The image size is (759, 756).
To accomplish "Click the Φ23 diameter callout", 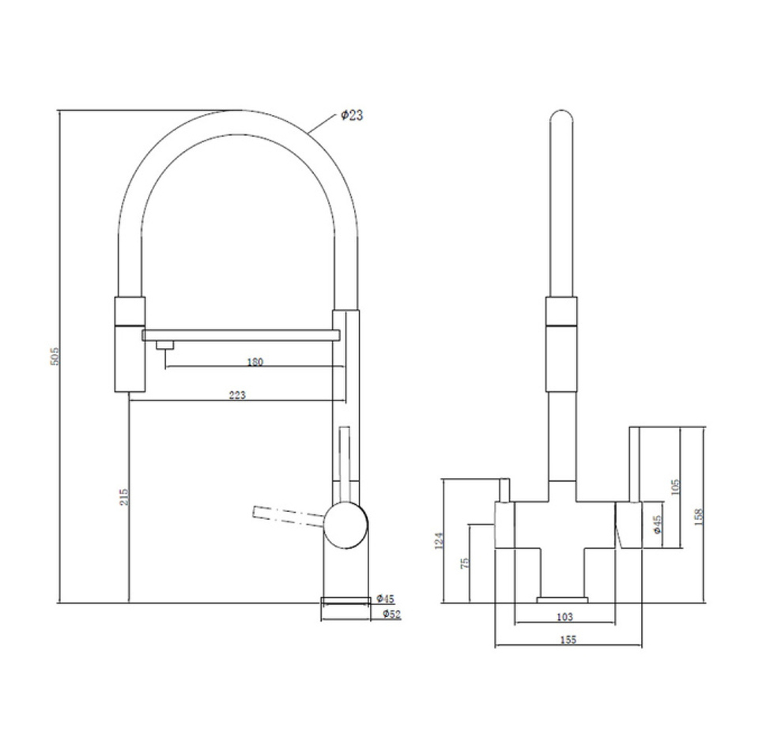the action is tap(352, 115).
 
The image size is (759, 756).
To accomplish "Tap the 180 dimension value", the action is tap(255, 362).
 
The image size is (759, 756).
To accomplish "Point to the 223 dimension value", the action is tap(237, 395).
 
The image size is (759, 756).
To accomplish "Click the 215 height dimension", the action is tap(124, 497).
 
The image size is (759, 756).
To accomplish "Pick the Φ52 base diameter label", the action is tap(391, 615).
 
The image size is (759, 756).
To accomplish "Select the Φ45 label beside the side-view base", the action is tap(385, 599).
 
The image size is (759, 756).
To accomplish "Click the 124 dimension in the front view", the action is tap(439, 541).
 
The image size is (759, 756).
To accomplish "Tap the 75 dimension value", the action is tap(465, 562).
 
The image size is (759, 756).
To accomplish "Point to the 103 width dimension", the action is tap(565, 617).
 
